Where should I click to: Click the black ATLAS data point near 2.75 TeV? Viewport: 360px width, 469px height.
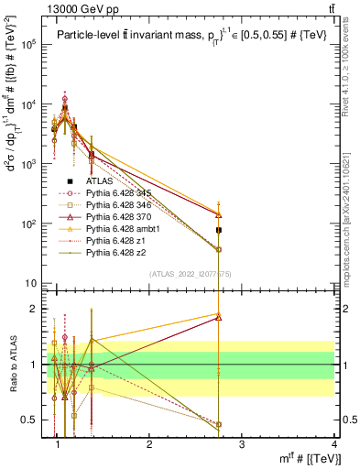coord(219,230)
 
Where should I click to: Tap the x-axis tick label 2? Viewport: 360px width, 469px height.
coord(149,444)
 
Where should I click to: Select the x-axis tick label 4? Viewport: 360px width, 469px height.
coord(335,444)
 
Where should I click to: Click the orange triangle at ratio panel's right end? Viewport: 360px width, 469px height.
coord(219,314)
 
